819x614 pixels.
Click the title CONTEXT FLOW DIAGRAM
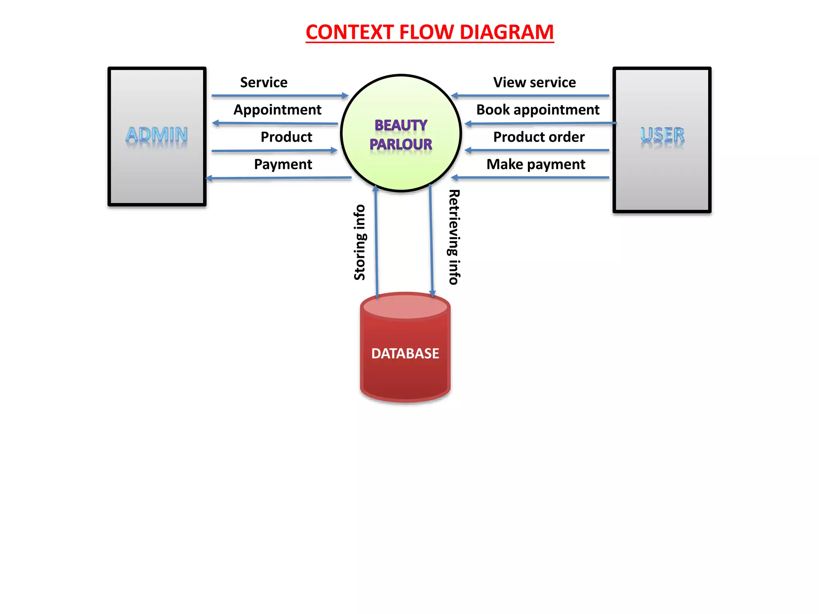pyautogui.click(x=429, y=32)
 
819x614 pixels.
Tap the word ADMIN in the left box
pyautogui.click(x=157, y=135)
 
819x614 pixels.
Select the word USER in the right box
pyautogui.click(x=662, y=135)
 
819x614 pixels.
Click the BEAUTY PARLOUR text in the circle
pyautogui.click(x=401, y=135)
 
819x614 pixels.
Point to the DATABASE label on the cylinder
pyautogui.click(x=405, y=353)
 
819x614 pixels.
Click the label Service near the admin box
pyautogui.click(x=264, y=82)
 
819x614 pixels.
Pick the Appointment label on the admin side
pyautogui.click(x=277, y=110)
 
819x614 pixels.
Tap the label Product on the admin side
pyautogui.click(x=286, y=137)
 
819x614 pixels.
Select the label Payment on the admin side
pyautogui.click(x=283, y=164)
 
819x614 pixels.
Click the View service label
pyautogui.click(x=534, y=82)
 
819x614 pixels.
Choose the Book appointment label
pyautogui.click(x=537, y=110)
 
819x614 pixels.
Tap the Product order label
pyautogui.click(x=539, y=137)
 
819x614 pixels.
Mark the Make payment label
pyautogui.click(x=535, y=164)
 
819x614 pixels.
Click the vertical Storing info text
pyautogui.click(x=360, y=242)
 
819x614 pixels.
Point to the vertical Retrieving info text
pyautogui.click(x=454, y=237)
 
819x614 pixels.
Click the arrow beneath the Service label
pyautogui.click(x=280, y=96)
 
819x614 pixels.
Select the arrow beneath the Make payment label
pyautogui.click(x=530, y=177)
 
